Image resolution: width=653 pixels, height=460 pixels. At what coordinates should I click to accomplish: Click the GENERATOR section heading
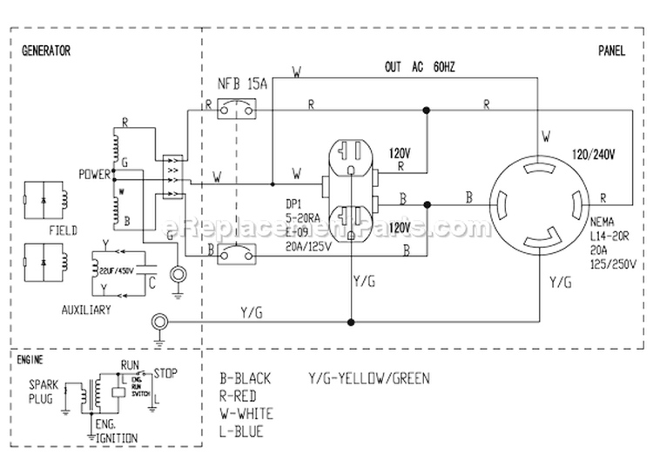(46, 50)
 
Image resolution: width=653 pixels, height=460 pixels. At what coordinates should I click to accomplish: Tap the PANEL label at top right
(611, 50)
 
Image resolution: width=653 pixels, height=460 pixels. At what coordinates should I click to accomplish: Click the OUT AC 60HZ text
(427, 67)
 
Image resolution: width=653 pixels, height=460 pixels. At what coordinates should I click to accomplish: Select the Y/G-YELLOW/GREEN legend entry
(368, 378)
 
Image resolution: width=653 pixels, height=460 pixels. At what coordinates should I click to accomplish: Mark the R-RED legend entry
(239, 396)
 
